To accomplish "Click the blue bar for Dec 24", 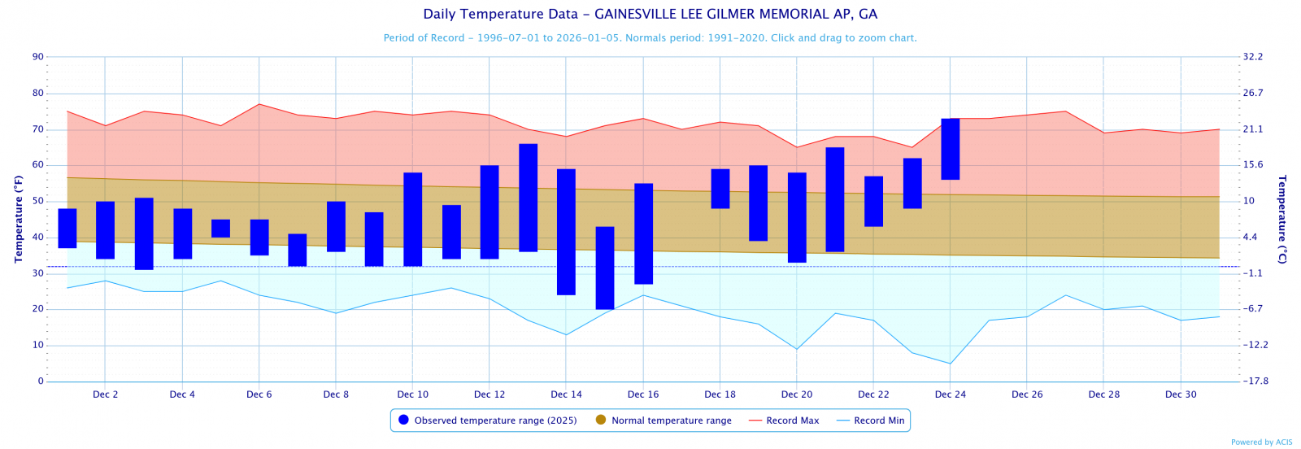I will (x=951, y=149).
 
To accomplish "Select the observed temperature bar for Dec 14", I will (x=566, y=232).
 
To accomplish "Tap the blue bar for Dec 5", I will (x=221, y=229).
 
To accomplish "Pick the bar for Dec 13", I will (x=529, y=198).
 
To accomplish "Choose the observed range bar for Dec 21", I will (x=835, y=199).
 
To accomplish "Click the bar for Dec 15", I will (x=605, y=268).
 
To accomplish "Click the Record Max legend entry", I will (x=784, y=421).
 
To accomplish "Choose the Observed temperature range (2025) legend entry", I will (x=488, y=421).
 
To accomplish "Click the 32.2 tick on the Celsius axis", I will (x=1253, y=57).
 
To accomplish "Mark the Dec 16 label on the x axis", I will (x=643, y=395).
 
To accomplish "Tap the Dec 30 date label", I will (x=1181, y=395).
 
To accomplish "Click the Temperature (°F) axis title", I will (x=19, y=219).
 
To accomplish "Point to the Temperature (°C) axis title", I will (x=1282, y=219).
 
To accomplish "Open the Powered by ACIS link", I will (x=1261, y=442).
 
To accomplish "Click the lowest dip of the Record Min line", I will (x=950, y=364).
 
